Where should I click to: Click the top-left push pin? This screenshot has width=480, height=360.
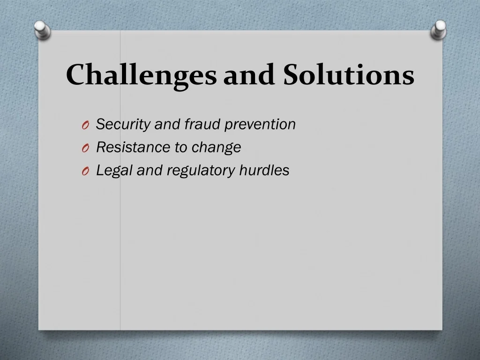coord(42,30)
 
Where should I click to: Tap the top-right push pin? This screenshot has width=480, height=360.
coord(439,30)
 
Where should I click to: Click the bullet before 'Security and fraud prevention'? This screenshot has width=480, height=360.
coord(85,125)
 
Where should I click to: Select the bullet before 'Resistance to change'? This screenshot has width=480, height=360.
coord(85,148)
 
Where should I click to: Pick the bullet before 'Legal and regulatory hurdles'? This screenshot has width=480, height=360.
coord(85,172)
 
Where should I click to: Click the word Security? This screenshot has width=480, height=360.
coord(123,125)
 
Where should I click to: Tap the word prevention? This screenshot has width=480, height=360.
coord(260,125)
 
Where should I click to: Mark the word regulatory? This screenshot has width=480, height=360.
coord(201,171)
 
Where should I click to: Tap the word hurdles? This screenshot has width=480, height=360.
coord(264,170)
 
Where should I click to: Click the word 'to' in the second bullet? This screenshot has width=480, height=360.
coord(181,148)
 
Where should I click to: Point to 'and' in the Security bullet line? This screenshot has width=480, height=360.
coord(167,124)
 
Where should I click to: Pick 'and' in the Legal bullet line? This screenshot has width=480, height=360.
coord(150,170)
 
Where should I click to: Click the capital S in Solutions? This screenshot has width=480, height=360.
coord(292,75)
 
